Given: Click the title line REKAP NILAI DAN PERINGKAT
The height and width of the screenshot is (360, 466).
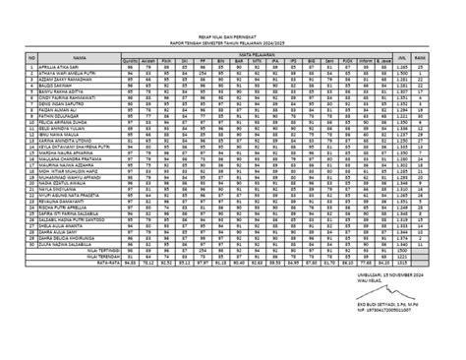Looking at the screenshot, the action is (x=232, y=38).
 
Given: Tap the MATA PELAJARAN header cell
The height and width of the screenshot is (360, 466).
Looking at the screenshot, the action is (x=273, y=55).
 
